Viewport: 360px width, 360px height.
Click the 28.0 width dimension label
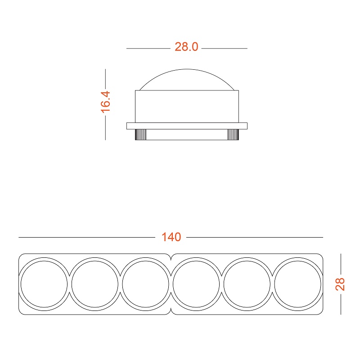(186, 47)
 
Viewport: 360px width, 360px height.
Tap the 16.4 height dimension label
(105, 102)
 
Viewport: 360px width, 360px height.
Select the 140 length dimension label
(171, 237)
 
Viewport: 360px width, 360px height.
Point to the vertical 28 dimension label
(341, 283)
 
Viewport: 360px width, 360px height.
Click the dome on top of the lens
(187, 80)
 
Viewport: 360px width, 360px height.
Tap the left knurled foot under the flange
(140, 135)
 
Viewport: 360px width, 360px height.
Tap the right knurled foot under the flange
(233, 135)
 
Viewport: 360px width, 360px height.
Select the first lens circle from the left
(44, 283)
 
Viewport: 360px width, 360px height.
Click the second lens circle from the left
(95, 283)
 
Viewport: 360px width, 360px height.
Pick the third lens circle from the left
(145, 283)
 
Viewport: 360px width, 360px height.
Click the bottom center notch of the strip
(171, 312)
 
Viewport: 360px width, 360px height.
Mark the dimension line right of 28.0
(225, 48)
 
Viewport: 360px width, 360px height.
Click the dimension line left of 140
(85, 237)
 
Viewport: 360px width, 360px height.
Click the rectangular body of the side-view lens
(187, 106)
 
